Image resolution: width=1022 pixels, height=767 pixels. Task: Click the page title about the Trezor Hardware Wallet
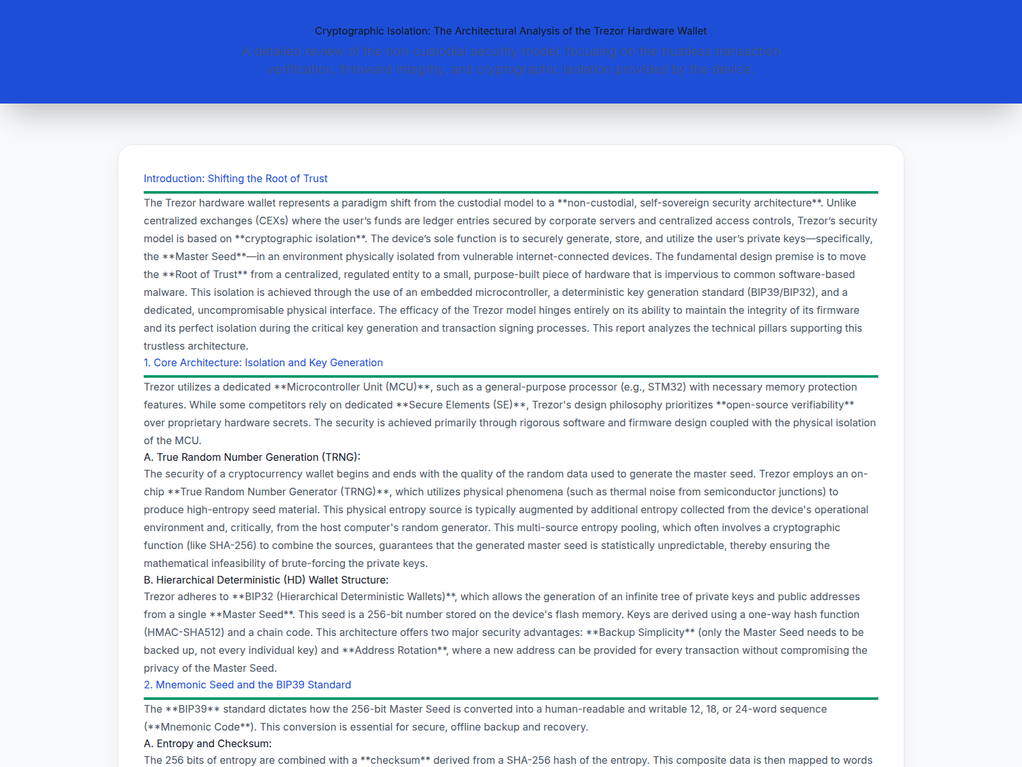click(x=510, y=31)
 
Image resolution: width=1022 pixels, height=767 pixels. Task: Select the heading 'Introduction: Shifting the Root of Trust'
click(x=235, y=178)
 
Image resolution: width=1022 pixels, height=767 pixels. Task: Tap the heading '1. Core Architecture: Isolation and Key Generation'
click(x=263, y=362)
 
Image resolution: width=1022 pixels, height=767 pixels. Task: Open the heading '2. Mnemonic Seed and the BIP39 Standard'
click(x=247, y=685)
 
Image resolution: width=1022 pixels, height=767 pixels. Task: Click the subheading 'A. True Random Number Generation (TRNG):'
click(x=252, y=457)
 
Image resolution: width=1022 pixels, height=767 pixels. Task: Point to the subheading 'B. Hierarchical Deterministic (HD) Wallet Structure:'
click(x=266, y=580)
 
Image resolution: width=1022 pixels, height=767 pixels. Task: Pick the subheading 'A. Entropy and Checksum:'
click(x=208, y=743)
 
